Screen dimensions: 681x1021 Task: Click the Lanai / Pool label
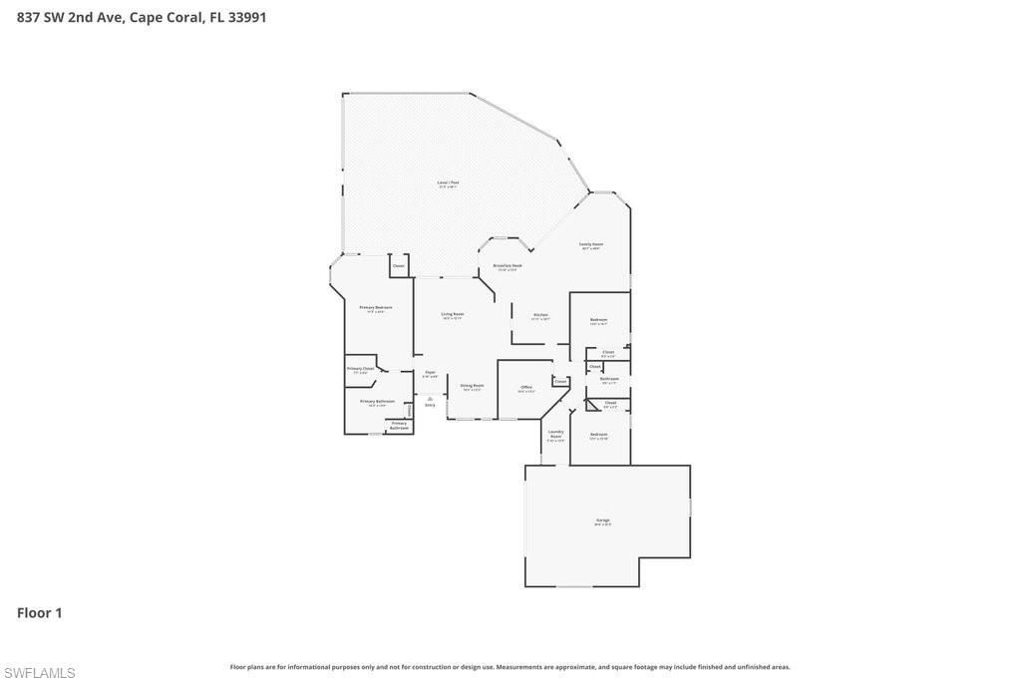(449, 183)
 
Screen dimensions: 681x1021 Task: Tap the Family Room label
(591, 245)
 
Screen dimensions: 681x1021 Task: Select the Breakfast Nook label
(508, 266)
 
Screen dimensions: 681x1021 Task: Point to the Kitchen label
(540, 316)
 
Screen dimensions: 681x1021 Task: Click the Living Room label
(453, 315)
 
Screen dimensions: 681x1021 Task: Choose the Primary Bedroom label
(376, 308)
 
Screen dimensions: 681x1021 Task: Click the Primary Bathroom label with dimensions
(377, 402)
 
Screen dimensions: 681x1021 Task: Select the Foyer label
(430, 373)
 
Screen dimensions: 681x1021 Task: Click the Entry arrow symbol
(430, 399)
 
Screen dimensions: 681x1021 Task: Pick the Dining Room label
(472, 386)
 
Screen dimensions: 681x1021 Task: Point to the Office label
(526, 388)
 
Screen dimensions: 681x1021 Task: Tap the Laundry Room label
(555, 435)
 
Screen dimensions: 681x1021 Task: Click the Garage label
(603, 520)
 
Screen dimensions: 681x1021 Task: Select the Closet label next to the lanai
(399, 266)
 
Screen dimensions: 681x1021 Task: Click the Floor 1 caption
(40, 613)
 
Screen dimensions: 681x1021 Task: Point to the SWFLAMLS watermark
(38, 673)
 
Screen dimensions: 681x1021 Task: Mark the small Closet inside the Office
(560, 381)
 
